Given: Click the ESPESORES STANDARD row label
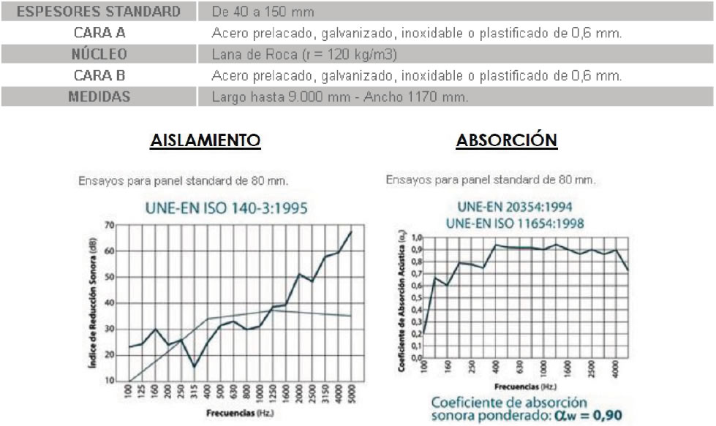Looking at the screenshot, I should tap(98, 12).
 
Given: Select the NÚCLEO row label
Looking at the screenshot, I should tap(99, 54).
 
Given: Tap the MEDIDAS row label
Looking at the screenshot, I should tap(99, 96).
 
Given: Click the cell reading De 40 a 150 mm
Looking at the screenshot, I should tap(263, 12).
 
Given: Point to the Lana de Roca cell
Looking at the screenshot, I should tap(304, 55).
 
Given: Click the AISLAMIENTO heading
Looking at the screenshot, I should tap(205, 140).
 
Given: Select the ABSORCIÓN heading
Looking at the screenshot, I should tap(506, 140).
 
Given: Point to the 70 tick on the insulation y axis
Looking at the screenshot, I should tap(110, 224).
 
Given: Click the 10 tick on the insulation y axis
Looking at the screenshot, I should tap(110, 381).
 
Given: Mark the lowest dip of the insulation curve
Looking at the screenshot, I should tap(194, 367).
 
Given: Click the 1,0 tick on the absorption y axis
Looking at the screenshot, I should tap(417, 237).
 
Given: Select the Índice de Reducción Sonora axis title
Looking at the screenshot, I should tap(95, 303).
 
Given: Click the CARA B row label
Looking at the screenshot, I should tap(99, 75).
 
